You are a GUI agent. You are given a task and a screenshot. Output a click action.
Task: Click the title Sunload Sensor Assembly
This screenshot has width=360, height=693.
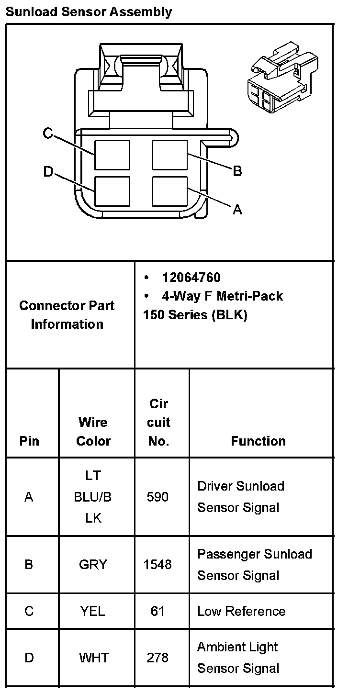(89, 11)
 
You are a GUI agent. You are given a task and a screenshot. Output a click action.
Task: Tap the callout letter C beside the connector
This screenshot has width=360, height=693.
(47, 133)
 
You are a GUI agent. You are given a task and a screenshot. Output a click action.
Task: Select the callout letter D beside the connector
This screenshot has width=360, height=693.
(47, 171)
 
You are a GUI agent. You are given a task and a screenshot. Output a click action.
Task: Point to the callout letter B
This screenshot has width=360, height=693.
(237, 171)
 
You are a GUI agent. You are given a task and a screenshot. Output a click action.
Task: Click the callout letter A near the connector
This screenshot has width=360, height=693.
(237, 209)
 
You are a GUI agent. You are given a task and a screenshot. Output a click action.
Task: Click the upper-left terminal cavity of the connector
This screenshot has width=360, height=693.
(112, 155)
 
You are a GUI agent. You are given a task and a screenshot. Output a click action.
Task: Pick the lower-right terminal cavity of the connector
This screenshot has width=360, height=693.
(169, 191)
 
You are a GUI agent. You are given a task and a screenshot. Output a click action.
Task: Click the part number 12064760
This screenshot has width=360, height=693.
(191, 278)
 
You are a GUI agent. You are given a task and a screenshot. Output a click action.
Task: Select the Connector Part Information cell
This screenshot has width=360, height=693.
(67, 314)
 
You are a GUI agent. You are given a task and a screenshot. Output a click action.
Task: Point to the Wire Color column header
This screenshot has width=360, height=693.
(93, 431)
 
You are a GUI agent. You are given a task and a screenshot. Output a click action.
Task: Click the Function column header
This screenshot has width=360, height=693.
(258, 441)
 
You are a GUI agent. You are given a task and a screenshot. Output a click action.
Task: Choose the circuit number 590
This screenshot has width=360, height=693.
(157, 497)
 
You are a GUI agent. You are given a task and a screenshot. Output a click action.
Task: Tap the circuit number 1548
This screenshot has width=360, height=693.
(157, 565)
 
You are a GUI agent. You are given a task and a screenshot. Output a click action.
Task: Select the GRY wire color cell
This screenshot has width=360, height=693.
(93, 565)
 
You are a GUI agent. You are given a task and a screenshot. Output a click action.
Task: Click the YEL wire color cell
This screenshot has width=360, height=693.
(93, 611)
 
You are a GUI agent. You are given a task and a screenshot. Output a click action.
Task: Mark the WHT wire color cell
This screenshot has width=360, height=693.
(93, 658)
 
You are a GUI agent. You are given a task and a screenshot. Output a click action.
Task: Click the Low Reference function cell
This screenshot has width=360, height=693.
(241, 611)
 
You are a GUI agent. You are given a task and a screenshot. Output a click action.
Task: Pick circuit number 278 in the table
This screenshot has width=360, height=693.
(157, 658)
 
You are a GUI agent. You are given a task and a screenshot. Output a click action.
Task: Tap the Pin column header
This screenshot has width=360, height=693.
(30, 441)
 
